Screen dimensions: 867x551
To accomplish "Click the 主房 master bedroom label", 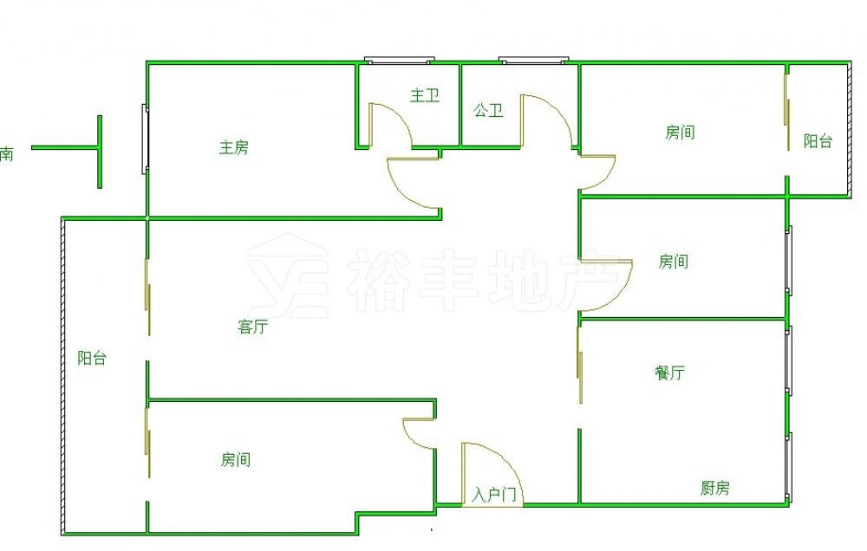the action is [x=234, y=147].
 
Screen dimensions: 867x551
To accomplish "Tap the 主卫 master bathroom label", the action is [x=425, y=95].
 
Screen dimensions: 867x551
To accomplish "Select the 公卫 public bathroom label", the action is [x=488, y=110].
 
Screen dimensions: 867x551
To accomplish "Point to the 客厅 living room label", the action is [x=252, y=327].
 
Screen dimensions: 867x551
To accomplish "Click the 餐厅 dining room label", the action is [x=669, y=373].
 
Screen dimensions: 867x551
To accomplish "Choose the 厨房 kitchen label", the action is [x=715, y=488].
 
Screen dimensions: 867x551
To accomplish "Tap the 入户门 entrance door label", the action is [x=494, y=495].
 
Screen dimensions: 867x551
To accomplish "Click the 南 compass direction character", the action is [x=6, y=153].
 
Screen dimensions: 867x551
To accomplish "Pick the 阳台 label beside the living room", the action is [x=92, y=358].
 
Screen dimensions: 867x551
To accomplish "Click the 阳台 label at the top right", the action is [x=818, y=140].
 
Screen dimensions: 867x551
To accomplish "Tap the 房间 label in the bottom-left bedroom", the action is [x=236, y=459].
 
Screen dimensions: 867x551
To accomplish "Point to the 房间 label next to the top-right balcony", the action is [x=680, y=132].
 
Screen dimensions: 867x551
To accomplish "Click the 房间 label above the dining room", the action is [x=674, y=261].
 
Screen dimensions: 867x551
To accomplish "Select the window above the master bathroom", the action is [x=399, y=61].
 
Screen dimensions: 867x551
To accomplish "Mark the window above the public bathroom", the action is [x=533, y=61].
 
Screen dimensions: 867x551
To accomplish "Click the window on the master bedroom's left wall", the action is [x=145, y=139].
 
